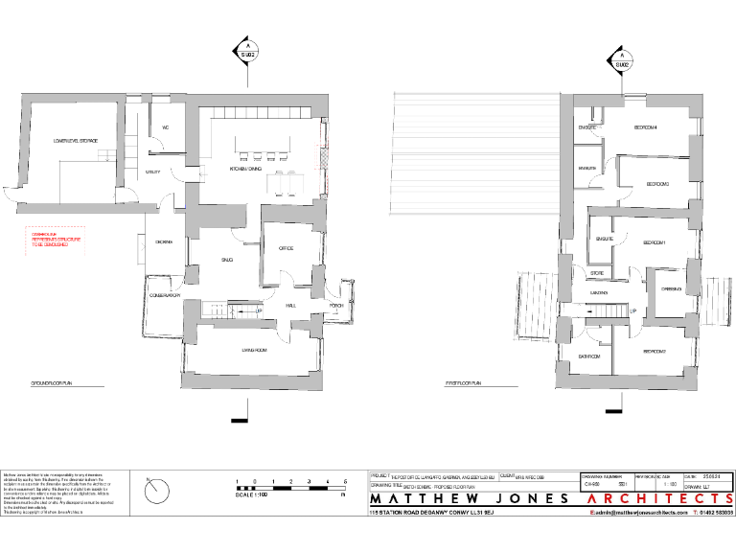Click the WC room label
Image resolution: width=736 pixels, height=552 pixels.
tap(166, 127)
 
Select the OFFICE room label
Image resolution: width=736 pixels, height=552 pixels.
tap(286, 248)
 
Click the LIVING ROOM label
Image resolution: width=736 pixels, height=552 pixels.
tap(254, 352)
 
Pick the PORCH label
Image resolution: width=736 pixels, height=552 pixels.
tap(335, 307)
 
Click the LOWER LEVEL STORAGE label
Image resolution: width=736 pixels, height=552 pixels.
tap(76, 141)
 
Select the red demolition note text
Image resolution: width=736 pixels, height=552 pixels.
tap(54, 239)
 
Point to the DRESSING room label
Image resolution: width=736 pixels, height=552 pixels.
tap(671, 288)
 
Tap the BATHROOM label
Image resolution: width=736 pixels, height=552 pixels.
tap(588, 356)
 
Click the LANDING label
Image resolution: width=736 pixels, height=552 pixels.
tap(600, 292)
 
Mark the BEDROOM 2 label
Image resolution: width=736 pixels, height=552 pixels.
tap(655, 352)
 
